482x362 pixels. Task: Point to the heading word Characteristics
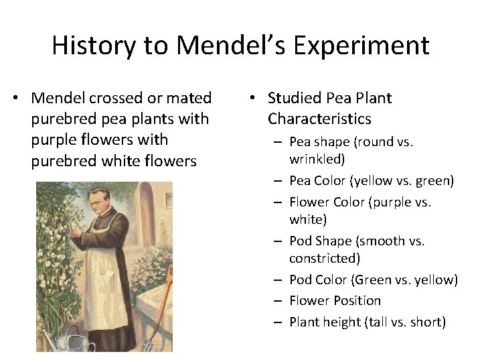click(x=319, y=119)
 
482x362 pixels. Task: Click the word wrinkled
click(x=317, y=160)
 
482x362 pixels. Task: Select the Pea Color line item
click(x=372, y=180)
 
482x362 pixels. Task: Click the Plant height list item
click(x=367, y=322)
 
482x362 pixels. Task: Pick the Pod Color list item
click(x=373, y=280)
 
